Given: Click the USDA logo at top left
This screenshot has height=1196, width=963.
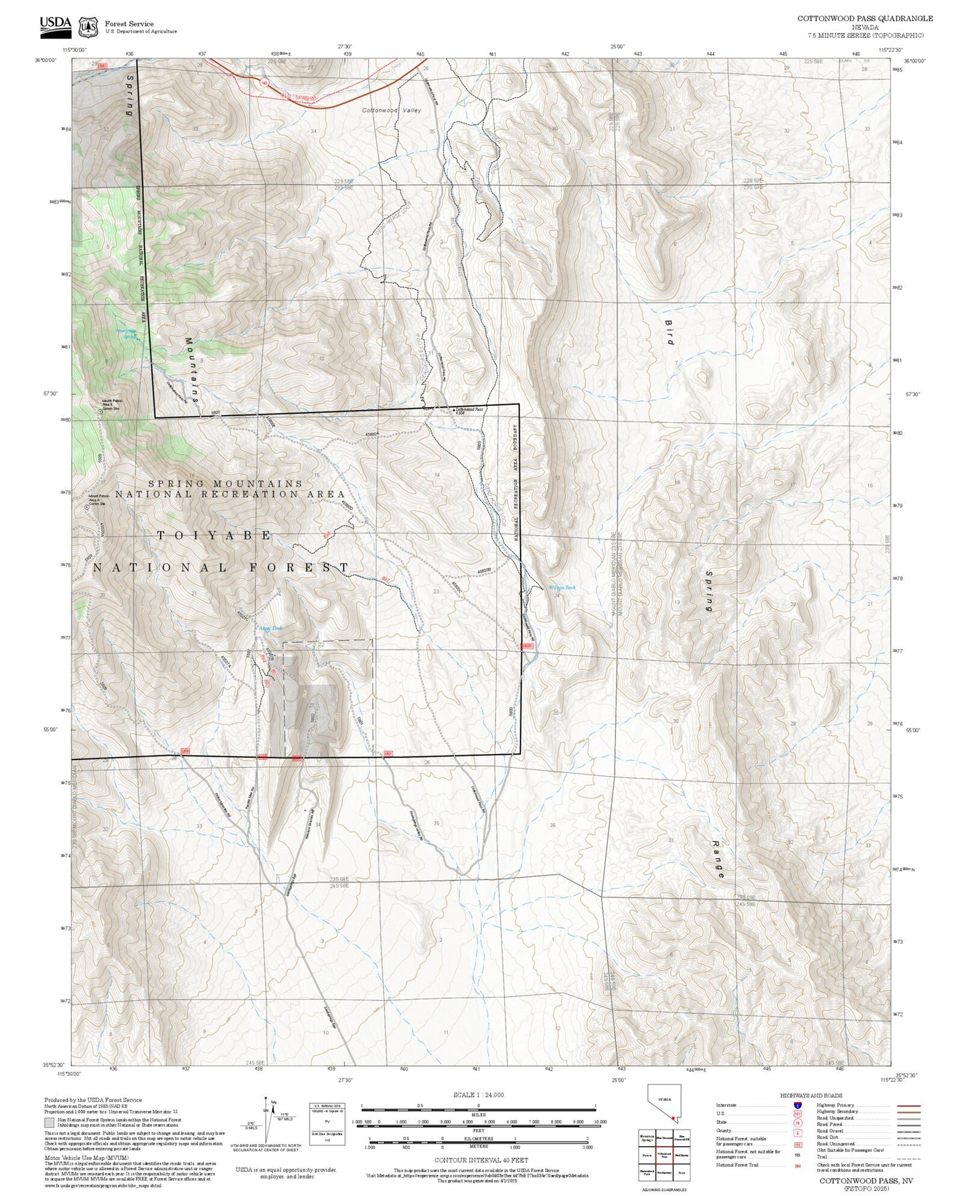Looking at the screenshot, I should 55,25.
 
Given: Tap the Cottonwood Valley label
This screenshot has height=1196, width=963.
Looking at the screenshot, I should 391,110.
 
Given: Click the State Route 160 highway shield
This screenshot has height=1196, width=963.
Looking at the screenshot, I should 265,83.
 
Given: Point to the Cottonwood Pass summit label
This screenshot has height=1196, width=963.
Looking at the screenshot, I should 469,411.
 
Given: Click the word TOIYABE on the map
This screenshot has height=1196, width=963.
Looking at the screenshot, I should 214,535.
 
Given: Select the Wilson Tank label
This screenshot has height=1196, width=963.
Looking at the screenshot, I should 561,587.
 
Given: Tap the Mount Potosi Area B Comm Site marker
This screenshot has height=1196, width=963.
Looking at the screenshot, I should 101,412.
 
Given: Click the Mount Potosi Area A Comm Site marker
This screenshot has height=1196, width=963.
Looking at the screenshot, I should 87,506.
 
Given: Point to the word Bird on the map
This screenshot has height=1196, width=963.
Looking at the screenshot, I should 669,332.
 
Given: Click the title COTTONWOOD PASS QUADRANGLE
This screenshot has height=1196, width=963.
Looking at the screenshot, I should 865,19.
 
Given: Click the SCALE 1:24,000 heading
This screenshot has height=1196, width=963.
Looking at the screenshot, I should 478,1095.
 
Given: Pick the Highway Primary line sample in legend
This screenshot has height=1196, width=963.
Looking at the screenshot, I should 908,1105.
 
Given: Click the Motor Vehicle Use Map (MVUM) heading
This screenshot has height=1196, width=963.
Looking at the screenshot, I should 77,1158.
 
